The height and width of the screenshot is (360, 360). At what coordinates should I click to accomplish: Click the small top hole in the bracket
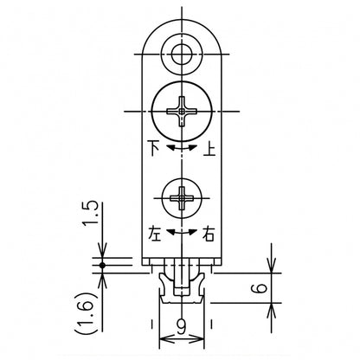click(182, 54)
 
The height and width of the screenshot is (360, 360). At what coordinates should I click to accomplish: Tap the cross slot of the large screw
click(182, 111)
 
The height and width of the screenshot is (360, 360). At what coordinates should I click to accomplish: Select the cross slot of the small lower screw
click(182, 198)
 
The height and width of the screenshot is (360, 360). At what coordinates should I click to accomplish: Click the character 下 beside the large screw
click(154, 148)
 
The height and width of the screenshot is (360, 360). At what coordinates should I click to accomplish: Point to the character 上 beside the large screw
click(209, 148)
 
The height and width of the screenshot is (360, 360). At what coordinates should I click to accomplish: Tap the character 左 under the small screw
click(154, 234)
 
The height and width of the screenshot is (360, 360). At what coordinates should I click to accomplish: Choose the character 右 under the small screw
click(209, 234)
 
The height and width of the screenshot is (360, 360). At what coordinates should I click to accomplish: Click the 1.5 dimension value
click(90, 215)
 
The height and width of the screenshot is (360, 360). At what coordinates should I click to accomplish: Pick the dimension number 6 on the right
click(261, 288)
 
